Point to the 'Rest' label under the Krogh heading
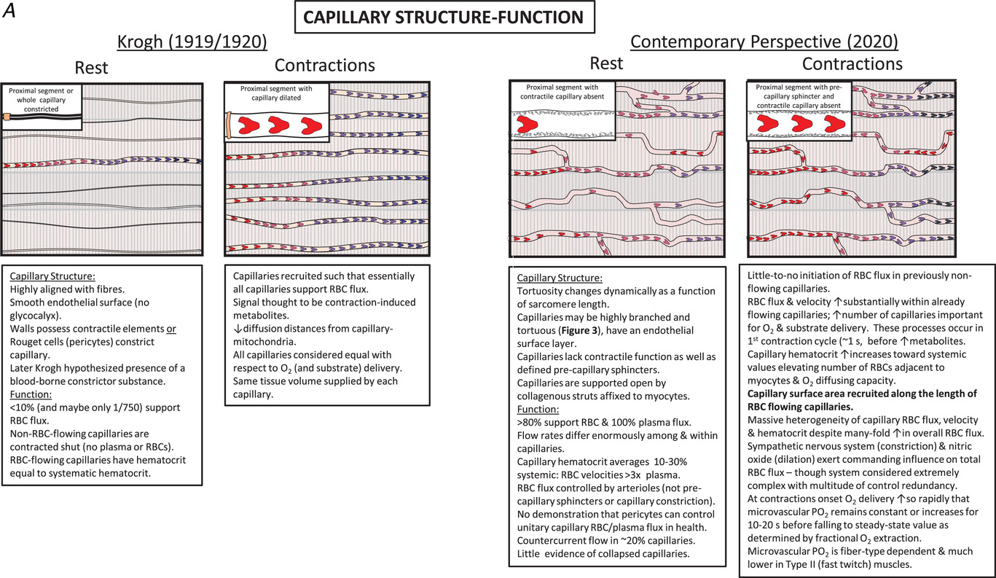coord(90,67)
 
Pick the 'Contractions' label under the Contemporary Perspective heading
coord(853,64)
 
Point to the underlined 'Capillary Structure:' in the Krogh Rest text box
coord(47,276)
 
